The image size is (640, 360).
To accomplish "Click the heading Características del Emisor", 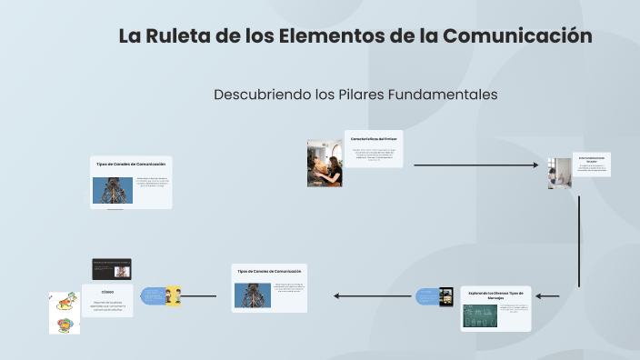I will pyautogui.click(x=374, y=138).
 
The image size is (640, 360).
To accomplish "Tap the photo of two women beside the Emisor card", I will pyautogui.click(x=325, y=163).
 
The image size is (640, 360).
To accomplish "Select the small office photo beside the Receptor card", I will pyautogui.click(x=560, y=173).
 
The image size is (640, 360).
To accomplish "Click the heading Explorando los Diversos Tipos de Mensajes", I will pyautogui.click(x=495, y=294).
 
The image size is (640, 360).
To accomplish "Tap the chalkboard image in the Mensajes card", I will pyautogui.click(x=480, y=315).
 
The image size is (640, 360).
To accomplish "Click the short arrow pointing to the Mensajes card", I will pyautogui.click(x=547, y=296).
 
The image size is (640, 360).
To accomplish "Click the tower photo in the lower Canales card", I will pyautogui.click(x=253, y=295).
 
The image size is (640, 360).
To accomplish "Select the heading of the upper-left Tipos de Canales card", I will pyautogui.click(x=131, y=164).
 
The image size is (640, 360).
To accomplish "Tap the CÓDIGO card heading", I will pyautogui.click(x=108, y=291).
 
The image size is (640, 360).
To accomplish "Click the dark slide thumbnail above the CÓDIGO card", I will pyautogui.click(x=112, y=269).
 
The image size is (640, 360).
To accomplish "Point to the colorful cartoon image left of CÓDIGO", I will pyautogui.click(x=64, y=313).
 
